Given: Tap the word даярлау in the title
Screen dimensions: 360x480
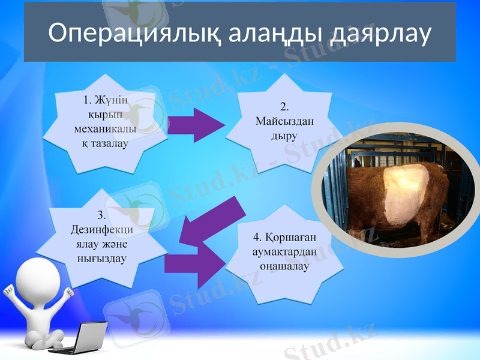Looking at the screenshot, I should tap(381, 34).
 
